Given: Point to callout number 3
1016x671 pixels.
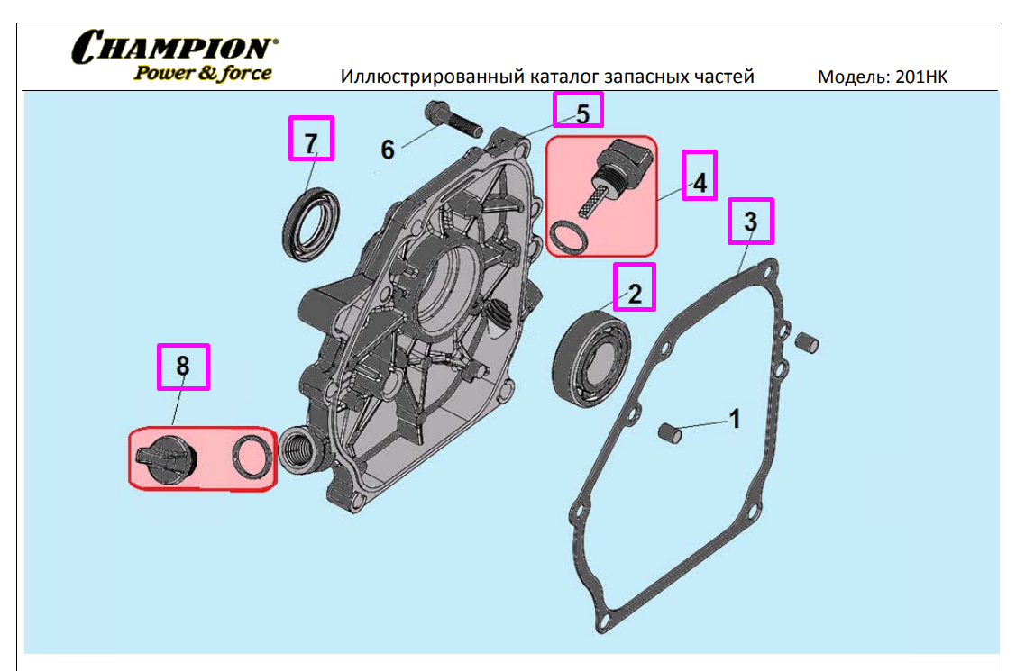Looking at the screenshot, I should pos(750,221).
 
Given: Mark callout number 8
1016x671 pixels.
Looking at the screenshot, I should pos(183,367).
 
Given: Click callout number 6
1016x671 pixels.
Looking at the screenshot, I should pos(388,149).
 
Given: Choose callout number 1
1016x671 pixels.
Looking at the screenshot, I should pos(735,419).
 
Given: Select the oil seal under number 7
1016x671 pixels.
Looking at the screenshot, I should pos(312,222).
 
